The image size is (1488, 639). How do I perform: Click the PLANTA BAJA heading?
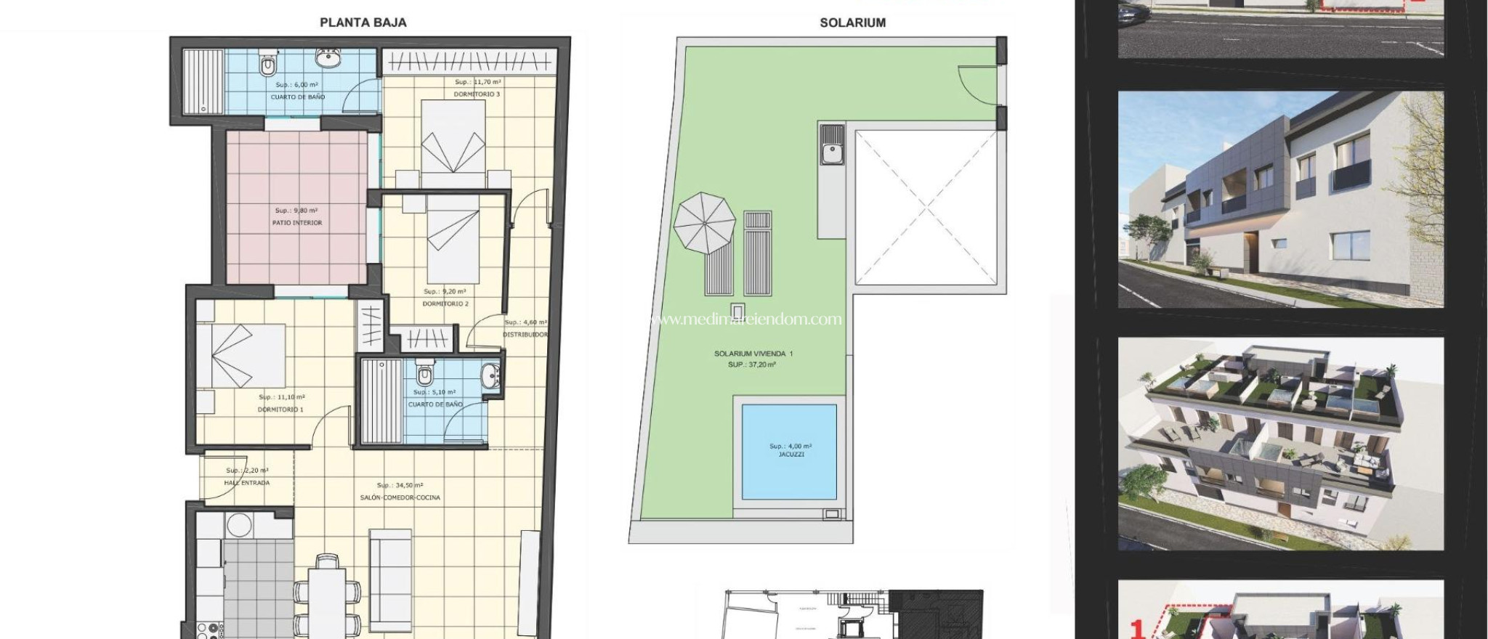coord(363,23)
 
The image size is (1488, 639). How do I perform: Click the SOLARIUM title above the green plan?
coord(852,23)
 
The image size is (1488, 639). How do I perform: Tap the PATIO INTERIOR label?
coord(296,223)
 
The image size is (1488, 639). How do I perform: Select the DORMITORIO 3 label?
coord(477,94)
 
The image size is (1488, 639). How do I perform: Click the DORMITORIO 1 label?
coord(280,410)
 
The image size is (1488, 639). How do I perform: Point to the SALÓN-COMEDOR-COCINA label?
coord(400,497)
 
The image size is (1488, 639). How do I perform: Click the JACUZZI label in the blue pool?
coord(790,455)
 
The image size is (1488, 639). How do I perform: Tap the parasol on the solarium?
coord(703,222)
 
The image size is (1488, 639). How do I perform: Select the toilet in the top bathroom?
coord(268,66)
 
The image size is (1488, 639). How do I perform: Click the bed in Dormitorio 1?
coord(240,355)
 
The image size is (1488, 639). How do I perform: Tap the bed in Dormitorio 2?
coord(453,240)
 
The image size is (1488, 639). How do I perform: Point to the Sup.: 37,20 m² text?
coord(752,365)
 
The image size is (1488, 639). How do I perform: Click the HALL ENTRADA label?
coord(247,483)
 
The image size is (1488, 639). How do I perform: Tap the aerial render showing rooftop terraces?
coord(1280,443)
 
